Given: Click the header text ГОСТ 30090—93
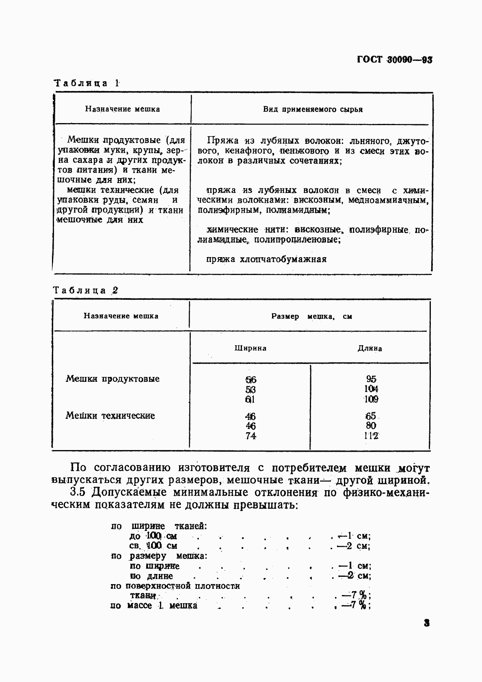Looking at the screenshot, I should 394,60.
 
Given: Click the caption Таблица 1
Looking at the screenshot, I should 87,83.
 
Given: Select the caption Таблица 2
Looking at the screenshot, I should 86,290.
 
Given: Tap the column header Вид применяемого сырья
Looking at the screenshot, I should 313,109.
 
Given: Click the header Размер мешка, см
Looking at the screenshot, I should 311,316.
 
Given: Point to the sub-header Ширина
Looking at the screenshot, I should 251,348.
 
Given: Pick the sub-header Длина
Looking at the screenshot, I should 370,348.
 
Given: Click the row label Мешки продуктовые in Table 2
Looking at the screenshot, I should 112,379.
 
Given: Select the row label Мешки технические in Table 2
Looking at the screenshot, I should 110,416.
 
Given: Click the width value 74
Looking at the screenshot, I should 251,436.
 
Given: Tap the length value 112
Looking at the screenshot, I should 371,436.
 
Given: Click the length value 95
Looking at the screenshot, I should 371,379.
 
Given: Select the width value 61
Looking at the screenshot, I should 251,399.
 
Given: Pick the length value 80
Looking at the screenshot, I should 371,426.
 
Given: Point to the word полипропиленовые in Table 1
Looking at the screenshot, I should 297,240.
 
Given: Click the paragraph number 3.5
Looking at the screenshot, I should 79,492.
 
